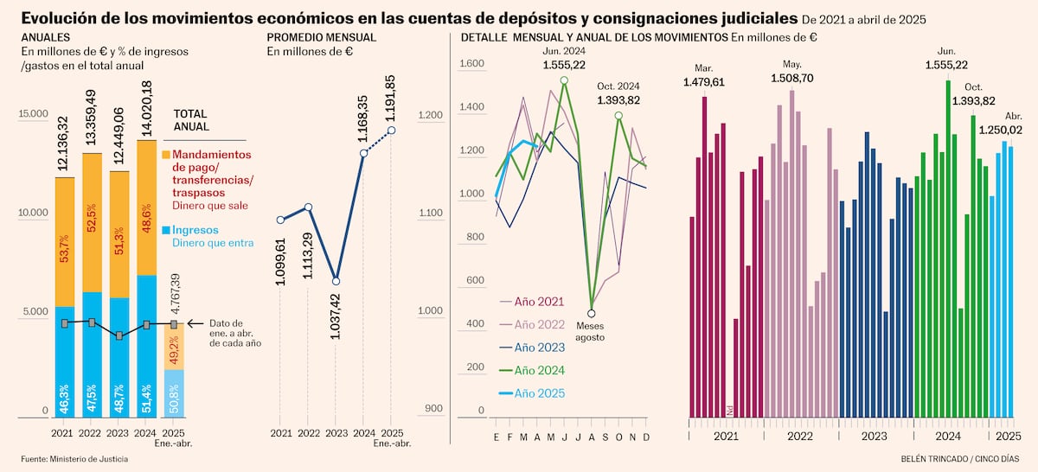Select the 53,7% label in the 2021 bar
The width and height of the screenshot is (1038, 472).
pos(63,248)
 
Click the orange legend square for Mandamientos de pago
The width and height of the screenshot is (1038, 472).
pos(167,154)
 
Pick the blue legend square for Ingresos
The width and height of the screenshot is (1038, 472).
pos(167,230)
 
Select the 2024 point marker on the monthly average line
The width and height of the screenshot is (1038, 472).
pos(363,153)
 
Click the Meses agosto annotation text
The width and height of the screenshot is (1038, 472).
pos(592,331)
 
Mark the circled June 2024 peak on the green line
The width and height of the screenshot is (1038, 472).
pos(564,80)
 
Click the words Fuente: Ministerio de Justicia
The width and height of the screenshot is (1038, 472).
pos(74,458)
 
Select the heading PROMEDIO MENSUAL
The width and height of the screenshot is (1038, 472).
pos(321,38)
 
